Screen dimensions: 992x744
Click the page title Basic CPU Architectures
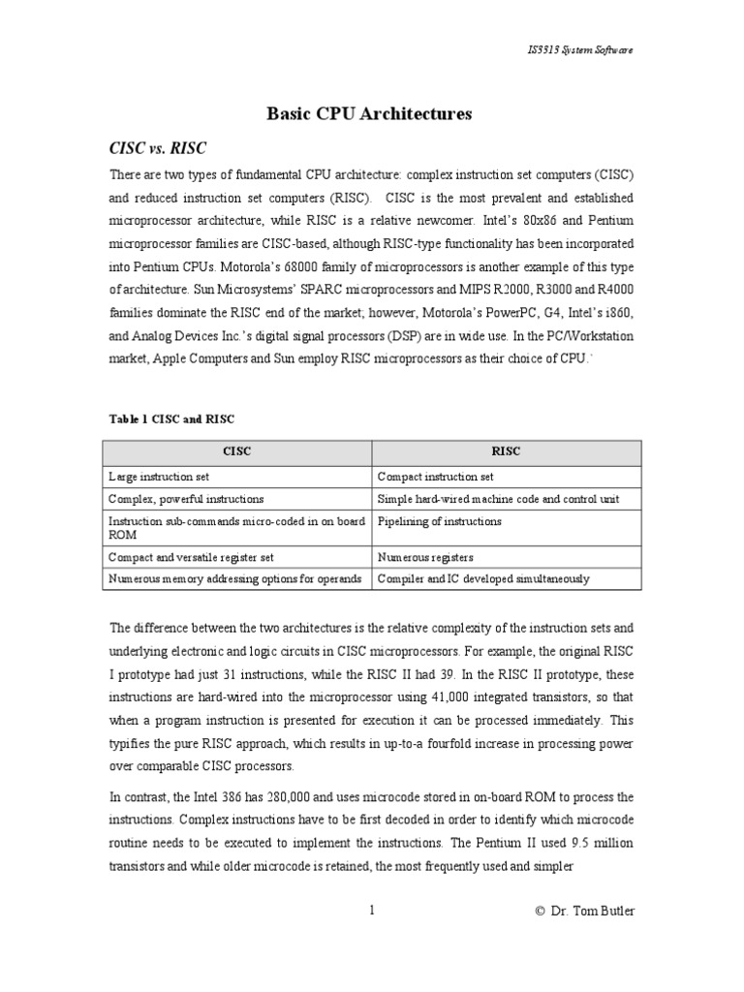(369, 114)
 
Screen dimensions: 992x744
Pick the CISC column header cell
(236, 452)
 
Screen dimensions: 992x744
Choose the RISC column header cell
(506, 452)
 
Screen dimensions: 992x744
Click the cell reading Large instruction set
(159, 477)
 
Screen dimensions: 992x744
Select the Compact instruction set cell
(435, 477)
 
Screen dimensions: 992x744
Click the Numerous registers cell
(425, 558)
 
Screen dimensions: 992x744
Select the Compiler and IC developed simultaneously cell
(483, 579)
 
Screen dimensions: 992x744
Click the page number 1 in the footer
(371, 910)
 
